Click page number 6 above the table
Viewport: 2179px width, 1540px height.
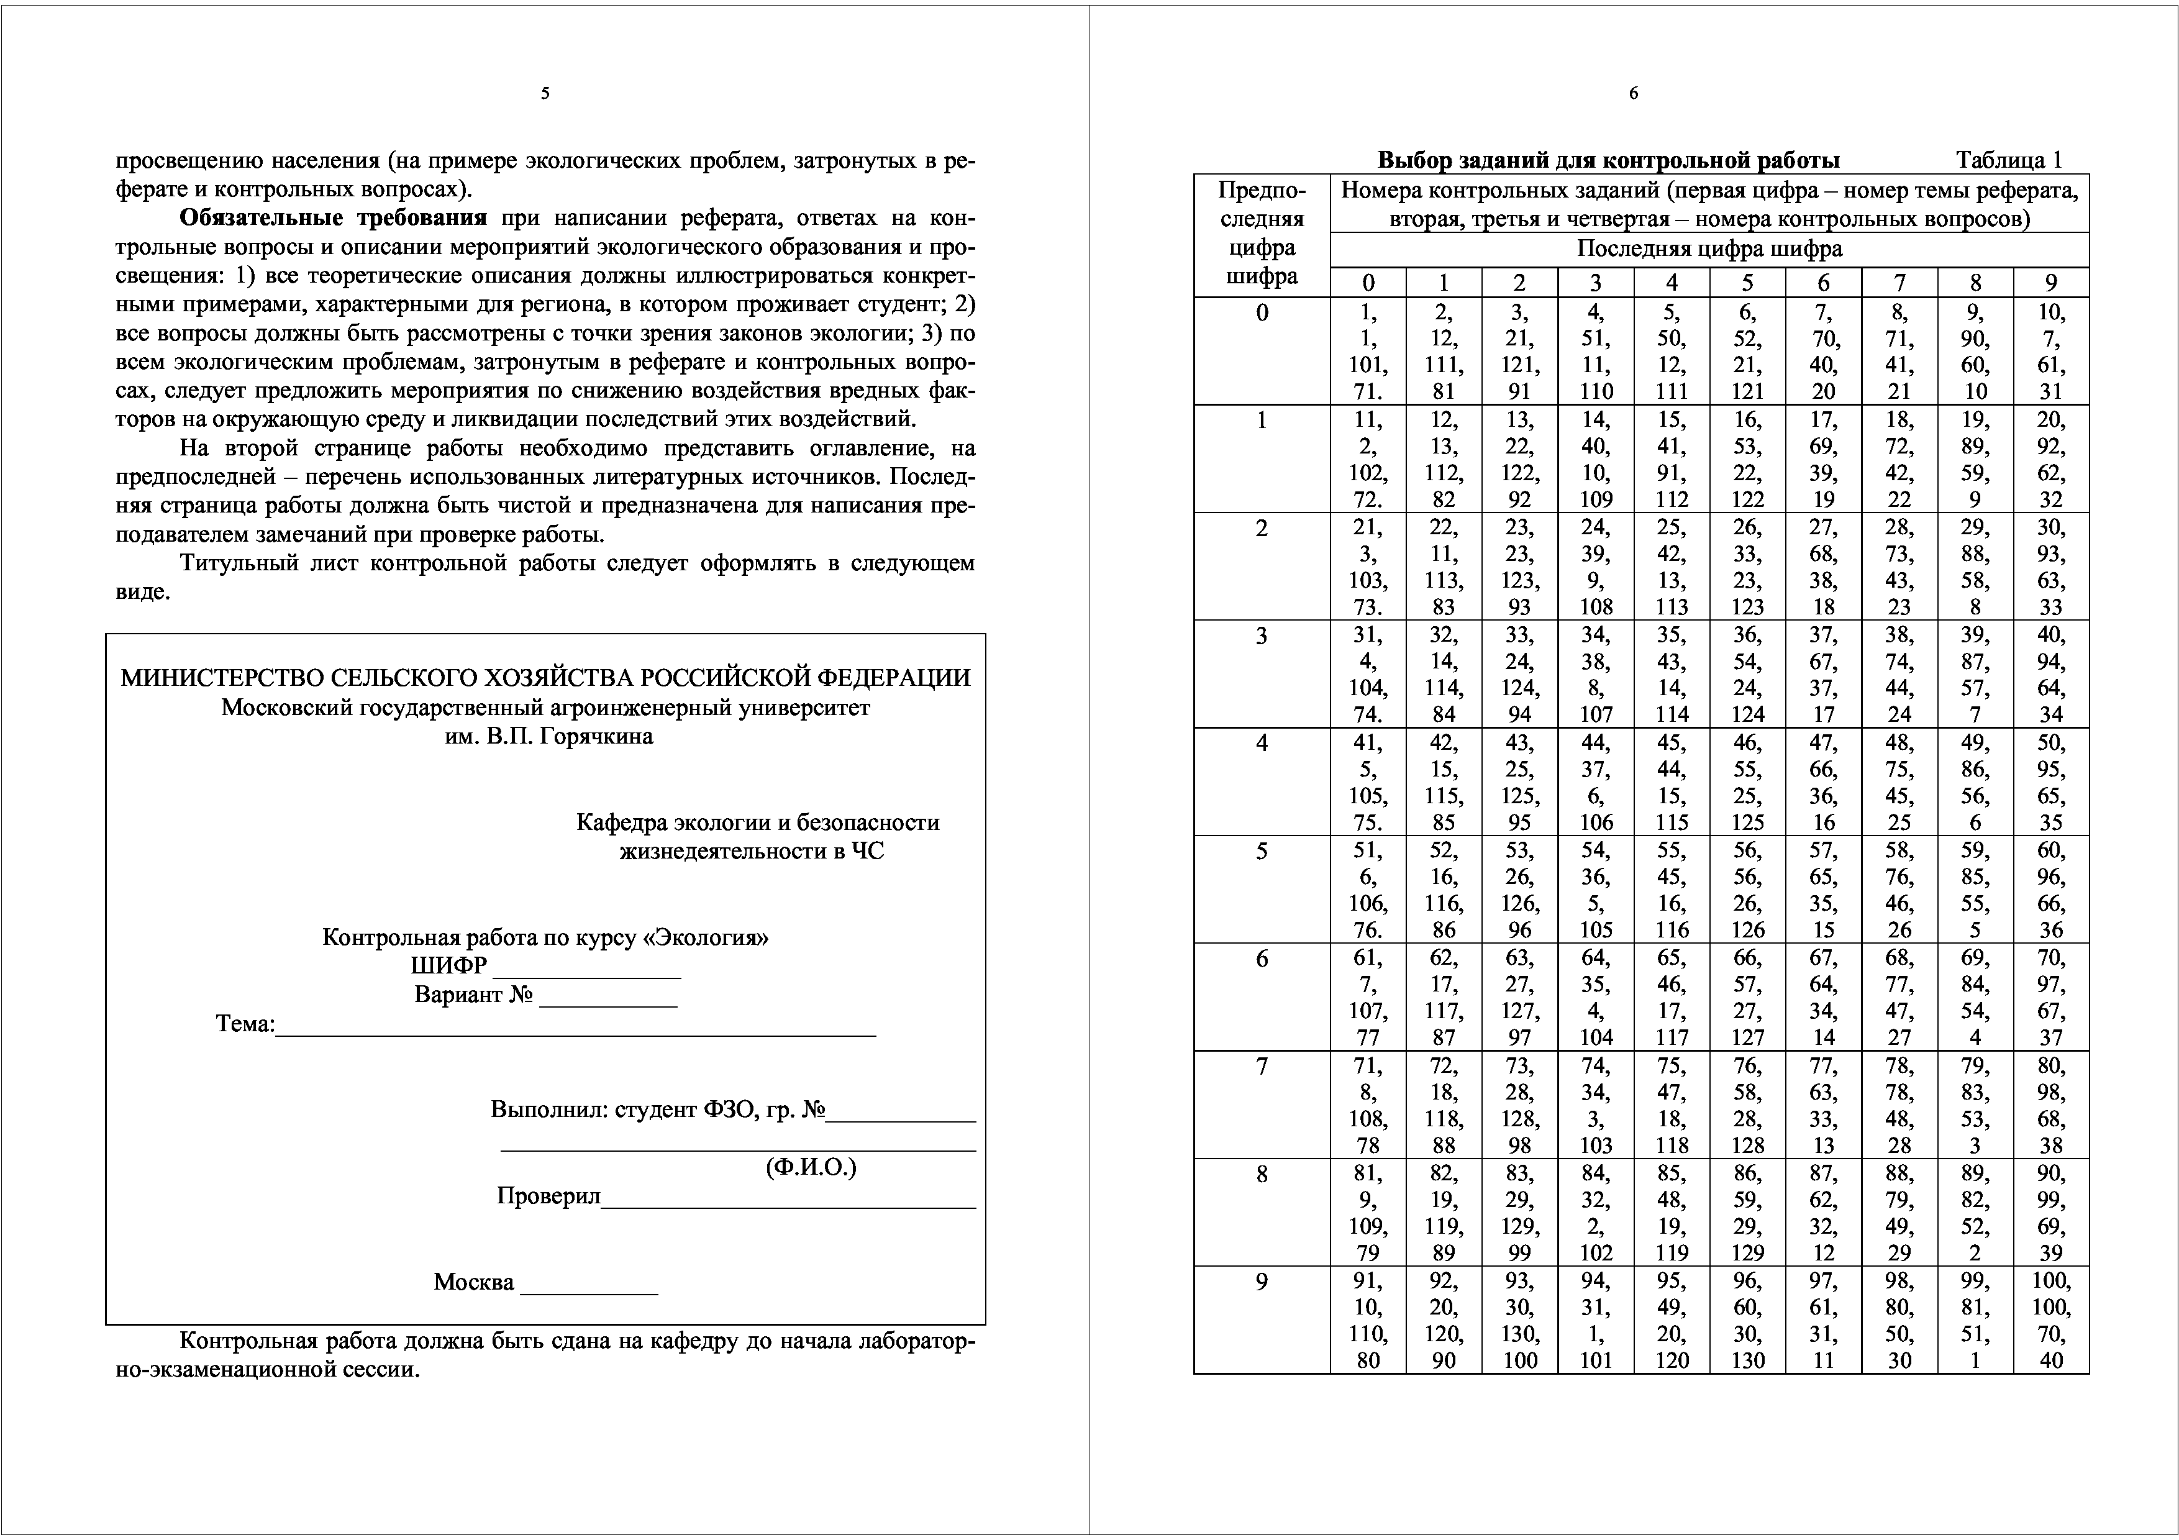tap(1633, 93)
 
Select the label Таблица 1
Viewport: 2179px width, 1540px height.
tap(2008, 160)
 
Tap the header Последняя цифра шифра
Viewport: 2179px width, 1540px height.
tap(1709, 250)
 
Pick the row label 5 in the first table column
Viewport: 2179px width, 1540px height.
tap(1262, 851)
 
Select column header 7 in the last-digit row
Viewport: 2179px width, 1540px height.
tap(1899, 283)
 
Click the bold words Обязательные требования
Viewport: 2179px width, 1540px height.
tap(333, 218)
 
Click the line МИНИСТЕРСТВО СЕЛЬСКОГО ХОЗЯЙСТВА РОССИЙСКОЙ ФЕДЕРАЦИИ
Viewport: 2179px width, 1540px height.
tap(546, 678)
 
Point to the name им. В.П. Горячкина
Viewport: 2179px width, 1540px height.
tap(548, 736)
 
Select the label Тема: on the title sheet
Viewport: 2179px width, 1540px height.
tap(245, 1024)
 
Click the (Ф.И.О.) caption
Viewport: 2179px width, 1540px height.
tap(811, 1167)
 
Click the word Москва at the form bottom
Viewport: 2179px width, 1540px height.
tap(473, 1282)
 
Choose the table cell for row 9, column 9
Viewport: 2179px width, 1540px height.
tap(2051, 1320)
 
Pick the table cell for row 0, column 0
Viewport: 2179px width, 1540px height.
tap(1368, 351)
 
